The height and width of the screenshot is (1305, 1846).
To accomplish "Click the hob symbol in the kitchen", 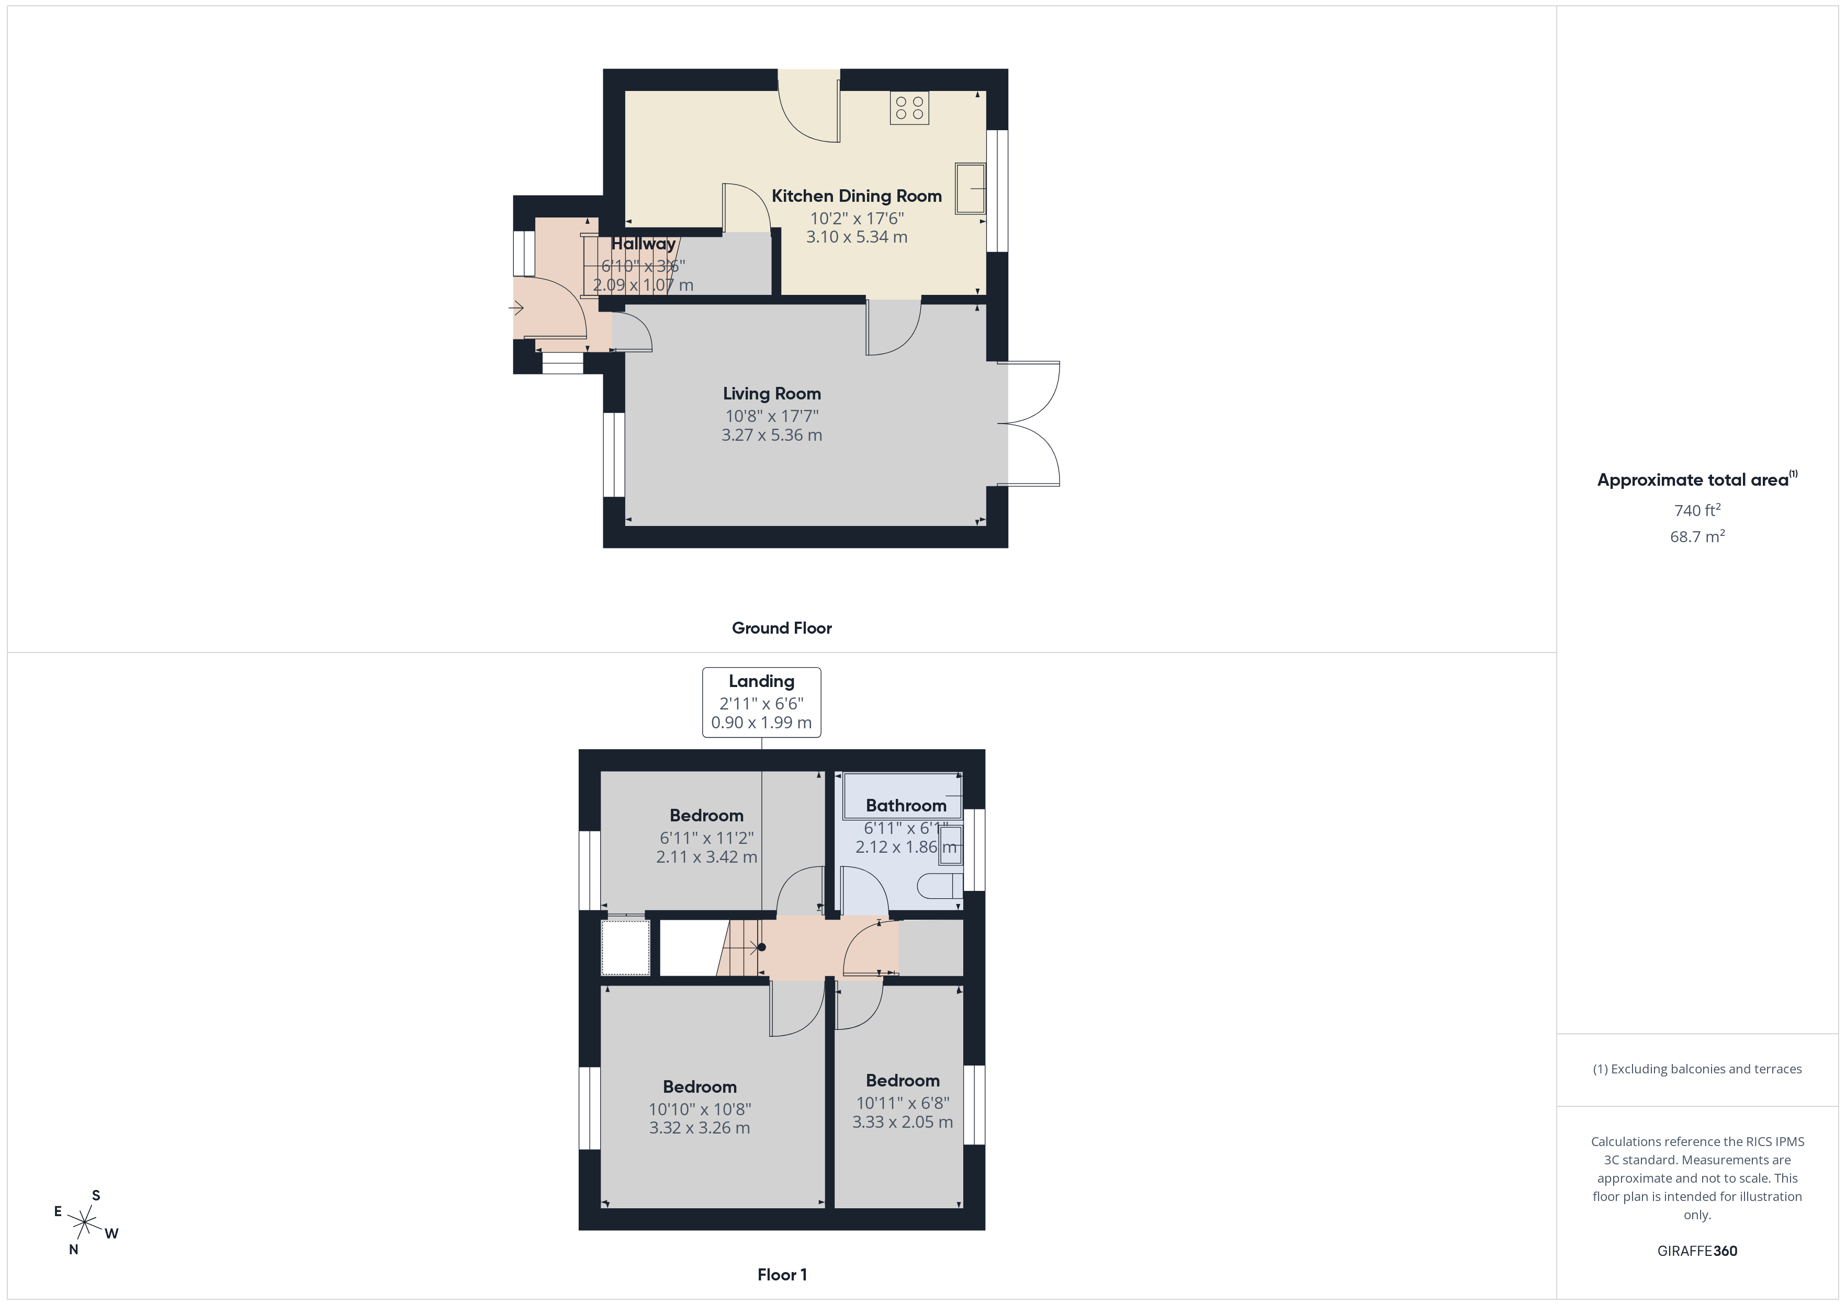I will [909, 108].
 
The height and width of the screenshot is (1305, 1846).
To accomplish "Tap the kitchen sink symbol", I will [970, 189].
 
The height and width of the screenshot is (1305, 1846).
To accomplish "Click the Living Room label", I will [771, 394].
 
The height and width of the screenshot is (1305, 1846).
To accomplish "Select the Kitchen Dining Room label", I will [856, 196].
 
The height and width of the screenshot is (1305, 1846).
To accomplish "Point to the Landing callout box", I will [761, 702].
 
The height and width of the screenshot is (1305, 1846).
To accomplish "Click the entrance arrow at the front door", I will [516, 308].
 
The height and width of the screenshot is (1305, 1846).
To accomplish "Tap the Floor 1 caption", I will [782, 1275].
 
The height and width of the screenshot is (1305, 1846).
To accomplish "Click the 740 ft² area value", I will [1696, 510].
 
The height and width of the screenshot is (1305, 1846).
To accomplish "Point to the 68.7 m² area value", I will [1696, 537].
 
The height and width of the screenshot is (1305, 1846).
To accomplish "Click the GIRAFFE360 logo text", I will [1696, 1251].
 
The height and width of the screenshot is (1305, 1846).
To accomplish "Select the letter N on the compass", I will [73, 1250].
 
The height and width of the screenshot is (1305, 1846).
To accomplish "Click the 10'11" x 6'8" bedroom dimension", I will [902, 1103].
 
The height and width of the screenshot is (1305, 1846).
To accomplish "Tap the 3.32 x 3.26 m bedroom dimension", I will [700, 1128].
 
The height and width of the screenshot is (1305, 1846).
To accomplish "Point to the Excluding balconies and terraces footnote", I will [1696, 1069].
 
